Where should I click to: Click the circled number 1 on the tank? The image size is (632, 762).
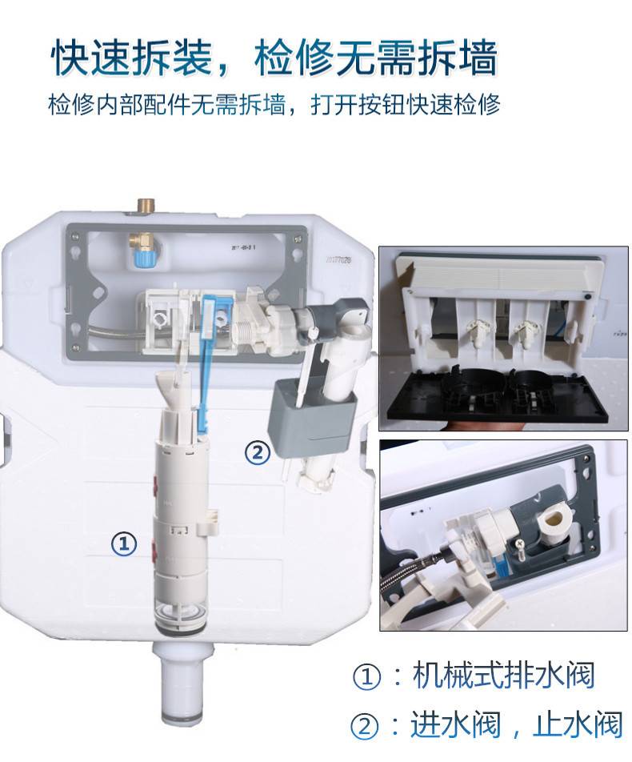coord(124,543)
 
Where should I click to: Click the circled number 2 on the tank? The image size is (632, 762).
coord(258,452)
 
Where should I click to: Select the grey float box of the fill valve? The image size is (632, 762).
coord(311,418)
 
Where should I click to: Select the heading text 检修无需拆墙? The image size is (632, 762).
coord(376,58)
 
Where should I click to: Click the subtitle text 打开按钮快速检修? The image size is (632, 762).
coord(405,105)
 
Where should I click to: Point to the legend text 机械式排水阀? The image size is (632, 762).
coord(504,675)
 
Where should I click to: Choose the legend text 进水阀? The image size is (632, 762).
coord(455,724)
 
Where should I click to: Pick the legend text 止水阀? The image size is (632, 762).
coord(578,724)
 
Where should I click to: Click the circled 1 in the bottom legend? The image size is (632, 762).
coord(366,676)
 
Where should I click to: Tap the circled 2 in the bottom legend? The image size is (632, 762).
coord(364,726)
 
